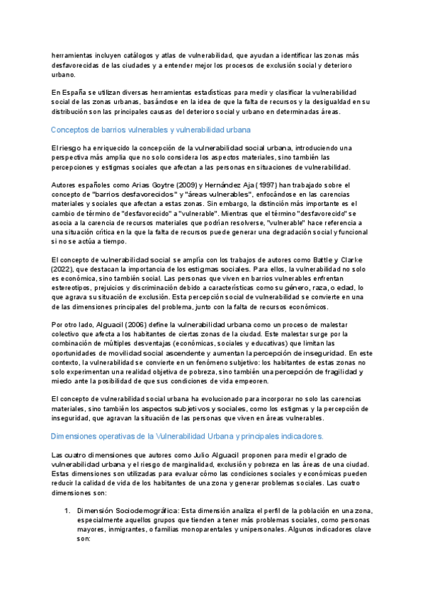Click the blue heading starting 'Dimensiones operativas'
(x=188, y=436)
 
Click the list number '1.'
(x=68, y=509)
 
